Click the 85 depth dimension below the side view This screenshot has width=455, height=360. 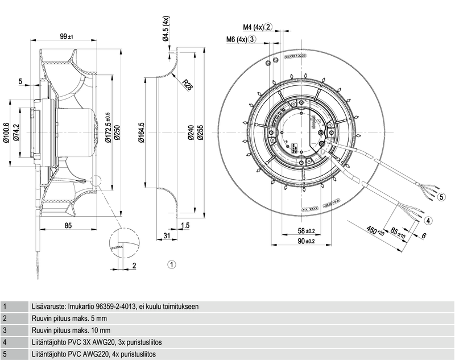68,226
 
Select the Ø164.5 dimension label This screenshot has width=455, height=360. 142,132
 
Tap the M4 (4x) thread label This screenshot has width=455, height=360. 254,27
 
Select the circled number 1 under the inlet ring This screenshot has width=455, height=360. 171,264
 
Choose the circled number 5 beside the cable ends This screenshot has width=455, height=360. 441,197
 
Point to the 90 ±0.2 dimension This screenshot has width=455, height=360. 307,242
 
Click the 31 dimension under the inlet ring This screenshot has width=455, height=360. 167,235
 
